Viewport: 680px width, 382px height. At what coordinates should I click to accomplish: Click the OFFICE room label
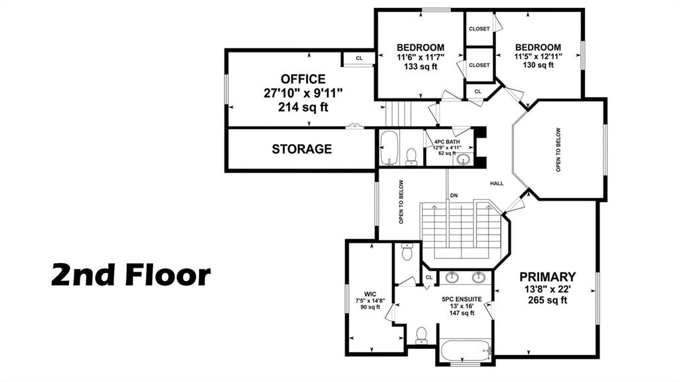(303, 79)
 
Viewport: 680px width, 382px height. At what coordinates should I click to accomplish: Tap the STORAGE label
(302, 149)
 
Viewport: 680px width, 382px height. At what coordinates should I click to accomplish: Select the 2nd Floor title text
(131, 275)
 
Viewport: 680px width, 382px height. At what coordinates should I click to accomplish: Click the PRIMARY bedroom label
(548, 276)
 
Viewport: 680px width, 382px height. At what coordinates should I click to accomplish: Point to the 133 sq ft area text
(420, 66)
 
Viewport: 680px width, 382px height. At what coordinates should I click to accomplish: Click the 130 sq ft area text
(538, 65)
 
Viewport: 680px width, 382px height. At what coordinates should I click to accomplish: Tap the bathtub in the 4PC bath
(389, 147)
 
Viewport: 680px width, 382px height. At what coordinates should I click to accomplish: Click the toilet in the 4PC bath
(411, 156)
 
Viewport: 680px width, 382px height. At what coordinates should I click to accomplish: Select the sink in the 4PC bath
(464, 159)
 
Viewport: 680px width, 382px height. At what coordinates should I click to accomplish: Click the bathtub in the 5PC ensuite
(464, 349)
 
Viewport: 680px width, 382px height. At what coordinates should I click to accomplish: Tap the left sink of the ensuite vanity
(452, 277)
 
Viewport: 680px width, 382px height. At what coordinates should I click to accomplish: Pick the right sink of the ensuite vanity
(479, 277)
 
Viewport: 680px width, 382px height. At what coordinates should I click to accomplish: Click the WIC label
(370, 294)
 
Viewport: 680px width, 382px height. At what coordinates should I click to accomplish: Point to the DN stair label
(454, 195)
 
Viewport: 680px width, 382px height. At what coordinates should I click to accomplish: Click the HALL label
(497, 183)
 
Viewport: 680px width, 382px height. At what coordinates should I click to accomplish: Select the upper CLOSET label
(479, 29)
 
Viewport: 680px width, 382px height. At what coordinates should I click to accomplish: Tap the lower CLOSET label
(479, 65)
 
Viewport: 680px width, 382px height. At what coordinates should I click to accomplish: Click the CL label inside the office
(359, 58)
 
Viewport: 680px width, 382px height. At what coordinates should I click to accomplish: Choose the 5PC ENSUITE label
(462, 299)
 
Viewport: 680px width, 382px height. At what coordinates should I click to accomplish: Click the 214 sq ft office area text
(303, 107)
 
